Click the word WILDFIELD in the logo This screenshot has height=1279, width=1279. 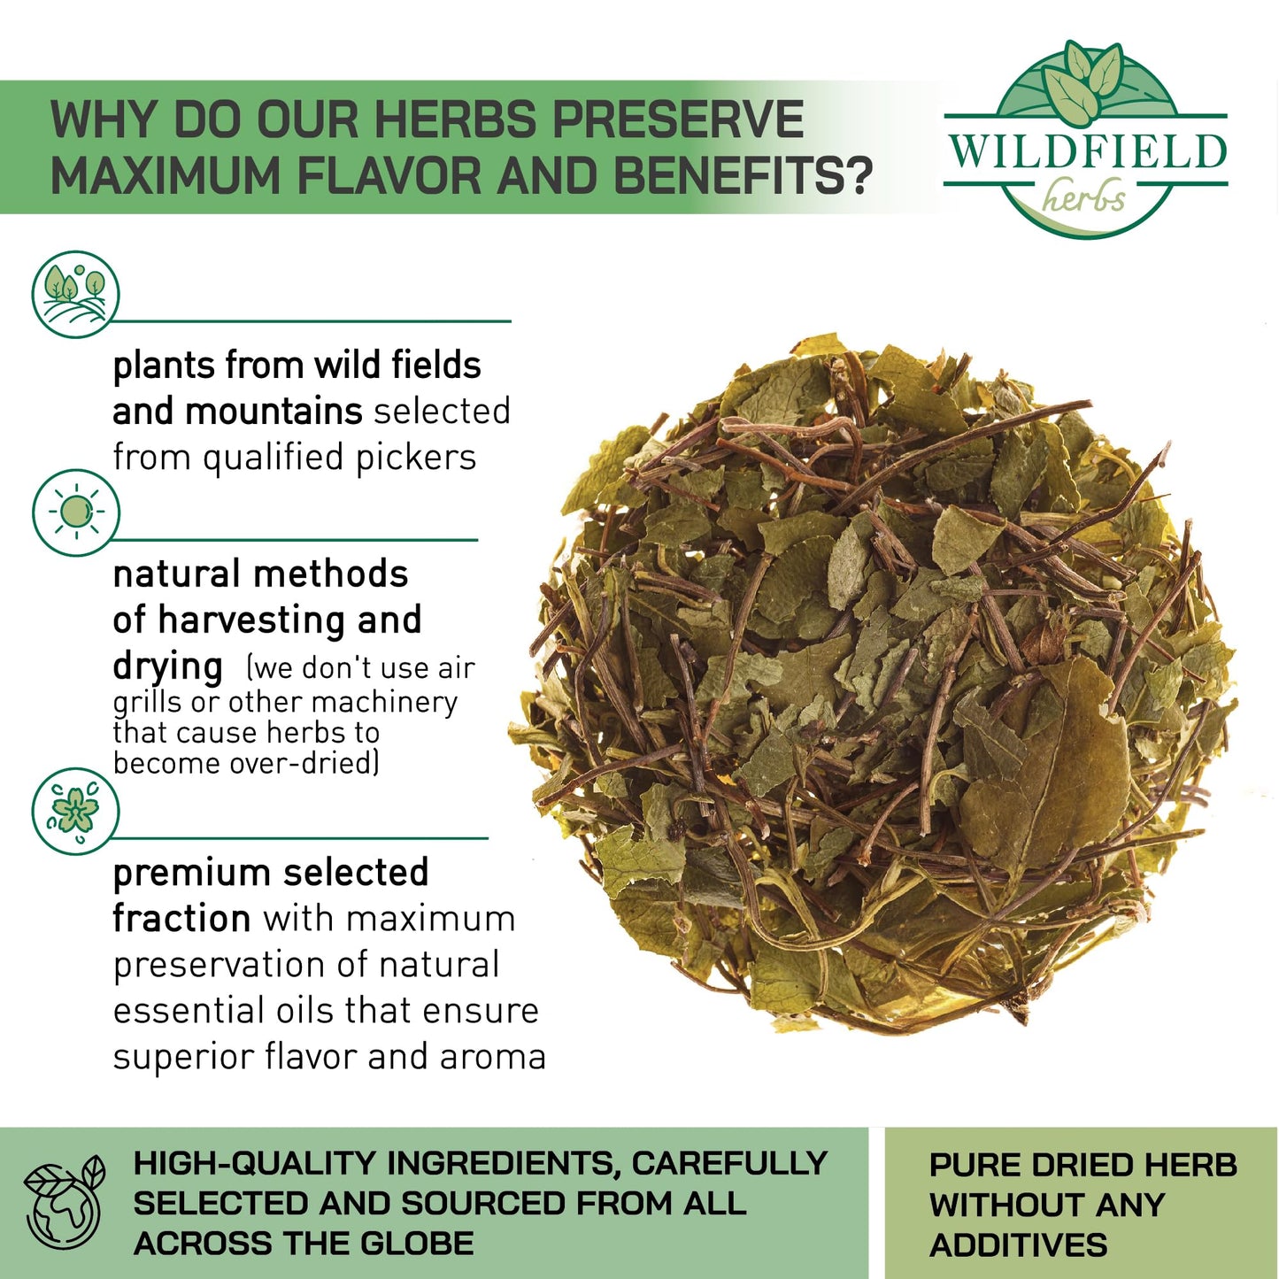point(1086,150)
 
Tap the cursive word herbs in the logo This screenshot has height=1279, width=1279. point(1083,196)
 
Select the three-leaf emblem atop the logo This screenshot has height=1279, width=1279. point(1082,83)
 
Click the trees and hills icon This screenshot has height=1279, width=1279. point(75,294)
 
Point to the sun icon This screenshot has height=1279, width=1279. point(75,512)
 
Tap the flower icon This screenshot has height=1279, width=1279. point(75,811)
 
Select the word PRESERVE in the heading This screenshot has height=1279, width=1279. point(678,120)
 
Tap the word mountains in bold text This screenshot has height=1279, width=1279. point(274,412)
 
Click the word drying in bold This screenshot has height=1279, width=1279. point(167,667)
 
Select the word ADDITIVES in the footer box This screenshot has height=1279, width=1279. point(1018,1244)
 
